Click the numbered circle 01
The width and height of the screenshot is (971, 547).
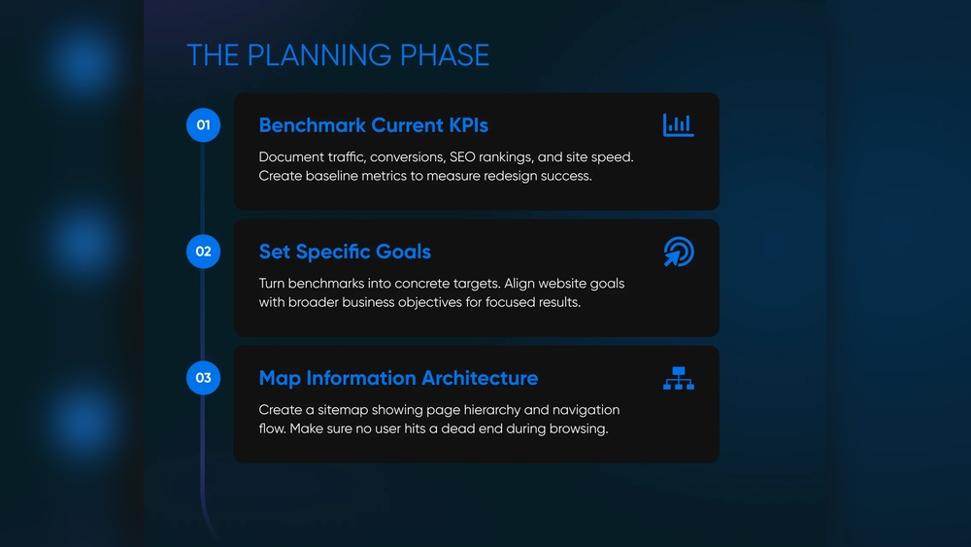(203, 125)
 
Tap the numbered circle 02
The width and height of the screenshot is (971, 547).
(203, 252)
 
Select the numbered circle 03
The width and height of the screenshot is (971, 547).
(203, 378)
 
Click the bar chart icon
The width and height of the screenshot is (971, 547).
(678, 125)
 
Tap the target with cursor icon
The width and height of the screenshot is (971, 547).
(679, 252)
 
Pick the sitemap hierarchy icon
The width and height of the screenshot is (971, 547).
(679, 378)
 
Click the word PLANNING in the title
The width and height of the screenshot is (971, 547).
(318, 55)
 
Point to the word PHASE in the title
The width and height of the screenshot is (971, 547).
(445, 55)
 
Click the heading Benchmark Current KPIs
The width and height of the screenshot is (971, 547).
(374, 125)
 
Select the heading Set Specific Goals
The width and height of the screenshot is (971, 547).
(345, 252)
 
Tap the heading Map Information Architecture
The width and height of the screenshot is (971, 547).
(399, 378)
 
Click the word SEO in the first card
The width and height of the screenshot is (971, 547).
(462, 156)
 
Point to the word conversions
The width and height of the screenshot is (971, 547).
(408, 157)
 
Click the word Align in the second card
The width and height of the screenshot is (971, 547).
(519, 284)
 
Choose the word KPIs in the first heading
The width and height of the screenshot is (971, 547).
(469, 125)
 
